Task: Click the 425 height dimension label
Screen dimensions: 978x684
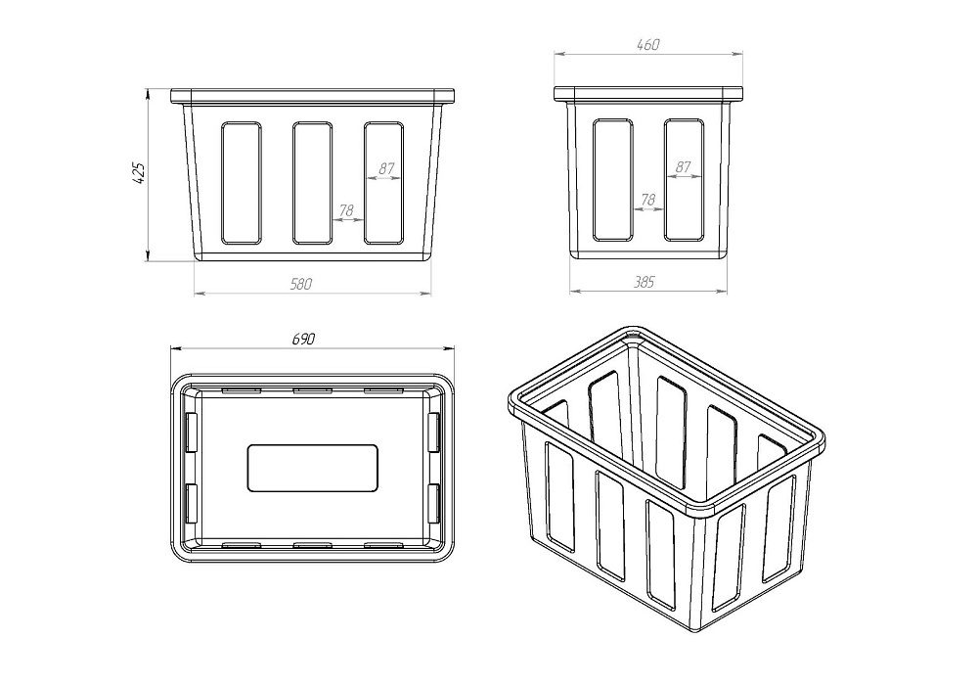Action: [139, 173]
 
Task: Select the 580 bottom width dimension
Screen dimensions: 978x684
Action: [300, 284]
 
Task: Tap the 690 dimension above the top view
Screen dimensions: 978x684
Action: [304, 339]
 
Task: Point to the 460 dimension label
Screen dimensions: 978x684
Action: [648, 45]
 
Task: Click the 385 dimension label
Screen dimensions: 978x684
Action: [645, 282]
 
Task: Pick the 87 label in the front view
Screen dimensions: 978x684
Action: [386, 168]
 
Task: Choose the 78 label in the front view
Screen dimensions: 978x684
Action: [346, 211]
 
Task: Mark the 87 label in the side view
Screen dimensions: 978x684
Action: [684, 167]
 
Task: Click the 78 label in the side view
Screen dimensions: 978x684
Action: [648, 200]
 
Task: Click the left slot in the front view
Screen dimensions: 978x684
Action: [241, 183]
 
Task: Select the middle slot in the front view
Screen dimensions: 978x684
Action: [312, 183]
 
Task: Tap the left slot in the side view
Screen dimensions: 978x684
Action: [612, 180]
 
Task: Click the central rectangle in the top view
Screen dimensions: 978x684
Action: [313, 468]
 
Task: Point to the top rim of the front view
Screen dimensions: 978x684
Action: [313, 96]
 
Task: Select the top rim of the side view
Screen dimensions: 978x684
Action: [648, 94]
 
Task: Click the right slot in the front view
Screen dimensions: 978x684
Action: [383, 183]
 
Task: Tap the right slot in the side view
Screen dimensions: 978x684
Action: [685, 180]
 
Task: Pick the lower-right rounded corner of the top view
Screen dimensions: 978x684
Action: [449, 557]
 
